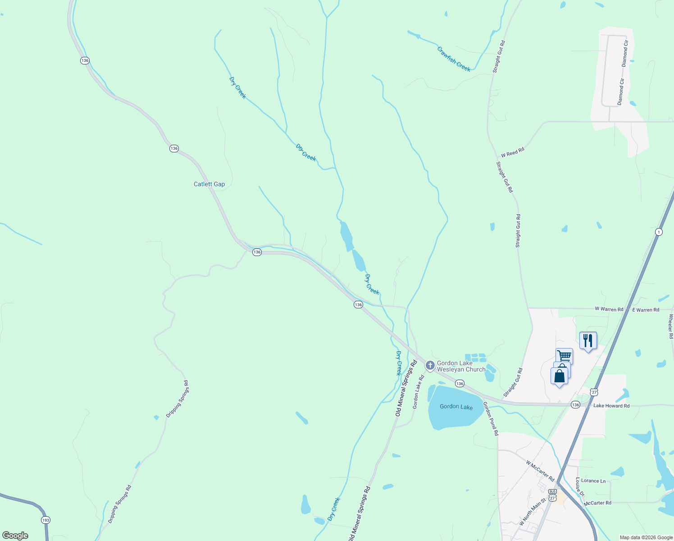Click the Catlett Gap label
pos(209,184)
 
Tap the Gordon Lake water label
pos(456,406)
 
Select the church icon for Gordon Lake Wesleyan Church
pos(430,365)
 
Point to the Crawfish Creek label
pos(454,59)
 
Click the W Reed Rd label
pos(512,152)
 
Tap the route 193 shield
pos(46,520)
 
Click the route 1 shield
pos(659,232)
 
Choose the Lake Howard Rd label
pos(611,406)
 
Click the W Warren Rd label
pos(609,309)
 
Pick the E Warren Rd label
pos(646,310)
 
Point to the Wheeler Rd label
pos(670,326)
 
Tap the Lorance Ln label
pos(593,481)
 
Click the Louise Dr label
pos(580,487)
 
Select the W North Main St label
pos(533,511)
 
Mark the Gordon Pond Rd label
pos(491,418)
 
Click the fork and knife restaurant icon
pos(588,340)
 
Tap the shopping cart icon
pos(564,356)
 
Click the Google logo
pos(15,536)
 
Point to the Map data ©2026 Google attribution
pos(646,537)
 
